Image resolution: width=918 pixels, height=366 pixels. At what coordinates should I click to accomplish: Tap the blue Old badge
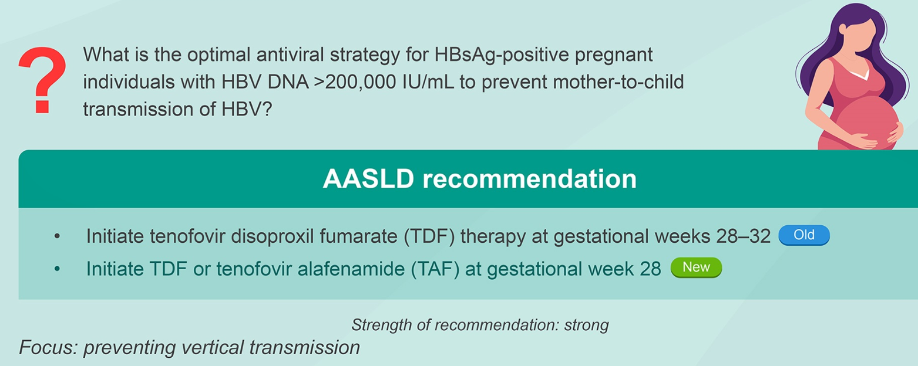(804, 235)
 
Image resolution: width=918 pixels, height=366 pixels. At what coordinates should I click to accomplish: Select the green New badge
(697, 267)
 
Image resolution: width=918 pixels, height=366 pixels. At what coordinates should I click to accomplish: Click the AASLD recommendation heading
(479, 179)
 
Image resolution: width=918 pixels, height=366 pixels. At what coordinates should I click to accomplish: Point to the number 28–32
(744, 236)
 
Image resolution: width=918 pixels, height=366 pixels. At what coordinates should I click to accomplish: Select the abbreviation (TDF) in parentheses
(429, 236)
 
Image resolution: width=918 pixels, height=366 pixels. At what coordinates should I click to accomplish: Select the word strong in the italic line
(587, 326)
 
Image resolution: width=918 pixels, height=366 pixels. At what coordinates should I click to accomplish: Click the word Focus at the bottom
(48, 347)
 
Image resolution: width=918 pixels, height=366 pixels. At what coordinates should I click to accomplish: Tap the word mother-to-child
(618, 82)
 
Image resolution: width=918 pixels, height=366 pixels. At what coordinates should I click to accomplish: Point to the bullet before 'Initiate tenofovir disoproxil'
(57, 236)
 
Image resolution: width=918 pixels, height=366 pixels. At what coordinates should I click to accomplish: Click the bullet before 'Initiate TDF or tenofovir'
(57, 269)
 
